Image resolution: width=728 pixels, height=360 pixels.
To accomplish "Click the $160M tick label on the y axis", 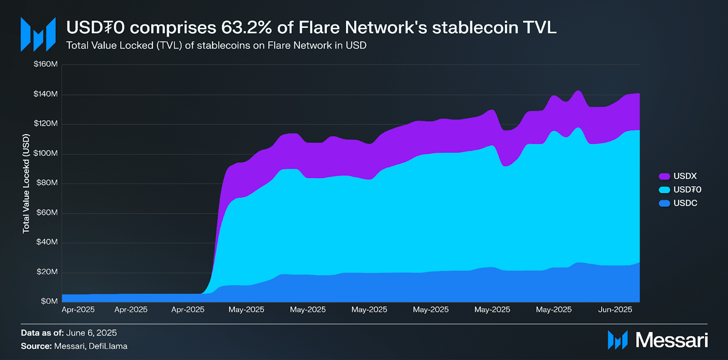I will click(x=46, y=64).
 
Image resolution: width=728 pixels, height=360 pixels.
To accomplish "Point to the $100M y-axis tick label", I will click(x=46, y=153).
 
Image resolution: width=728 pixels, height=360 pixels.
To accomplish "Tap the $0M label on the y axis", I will click(x=49, y=301).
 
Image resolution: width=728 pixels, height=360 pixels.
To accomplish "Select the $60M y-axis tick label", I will click(x=47, y=213).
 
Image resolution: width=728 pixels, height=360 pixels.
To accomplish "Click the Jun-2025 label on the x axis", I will click(x=615, y=310).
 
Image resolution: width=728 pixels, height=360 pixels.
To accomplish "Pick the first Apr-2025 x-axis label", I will click(x=78, y=310).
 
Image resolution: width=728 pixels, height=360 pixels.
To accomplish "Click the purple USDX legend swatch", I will click(x=664, y=176).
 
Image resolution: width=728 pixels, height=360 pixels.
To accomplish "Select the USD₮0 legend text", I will click(x=687, y=190).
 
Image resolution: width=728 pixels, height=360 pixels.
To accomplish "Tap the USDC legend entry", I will click(x=685, y=203).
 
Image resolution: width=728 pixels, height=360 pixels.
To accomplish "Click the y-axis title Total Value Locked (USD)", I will click(x=26, y=184).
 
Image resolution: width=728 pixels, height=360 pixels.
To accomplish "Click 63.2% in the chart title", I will click(x=246, y=28).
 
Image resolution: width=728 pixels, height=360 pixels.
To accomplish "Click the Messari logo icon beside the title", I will click(x=38, y=34).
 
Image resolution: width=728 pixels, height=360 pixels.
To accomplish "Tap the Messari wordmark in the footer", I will click(x=672, y=340).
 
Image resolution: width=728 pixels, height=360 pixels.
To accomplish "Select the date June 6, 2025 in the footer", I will click(x=91, y=333).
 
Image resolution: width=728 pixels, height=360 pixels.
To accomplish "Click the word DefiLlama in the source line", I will click(x=108, y=346).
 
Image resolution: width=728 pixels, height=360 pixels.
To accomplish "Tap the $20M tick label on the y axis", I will click(x=47, y=272).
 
